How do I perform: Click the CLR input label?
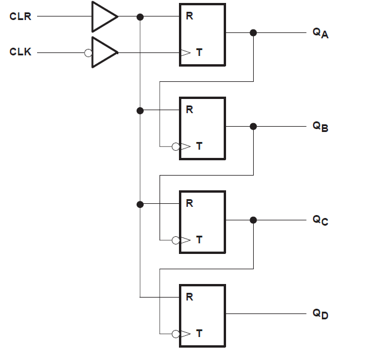[21, 16]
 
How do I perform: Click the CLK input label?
[21, 52]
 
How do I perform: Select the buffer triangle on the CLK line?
[104, 52]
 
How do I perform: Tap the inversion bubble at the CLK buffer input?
[88, 52]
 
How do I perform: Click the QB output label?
[320, 127]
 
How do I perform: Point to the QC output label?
[320, 220]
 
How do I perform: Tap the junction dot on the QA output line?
[253, 33]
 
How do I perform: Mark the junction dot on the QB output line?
[253, 126]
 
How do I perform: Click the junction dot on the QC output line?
[253, 220]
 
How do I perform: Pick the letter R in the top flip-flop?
[189, 16]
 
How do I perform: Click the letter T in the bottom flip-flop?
[199, 333]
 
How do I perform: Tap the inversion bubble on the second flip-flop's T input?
[175, 146]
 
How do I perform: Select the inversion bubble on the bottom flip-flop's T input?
[175, 333]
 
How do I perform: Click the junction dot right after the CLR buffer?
[140, 16]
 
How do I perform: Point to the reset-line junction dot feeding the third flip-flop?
[140, 204]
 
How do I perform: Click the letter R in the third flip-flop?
[189, 204]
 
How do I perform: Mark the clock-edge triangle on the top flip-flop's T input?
[185, 52]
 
